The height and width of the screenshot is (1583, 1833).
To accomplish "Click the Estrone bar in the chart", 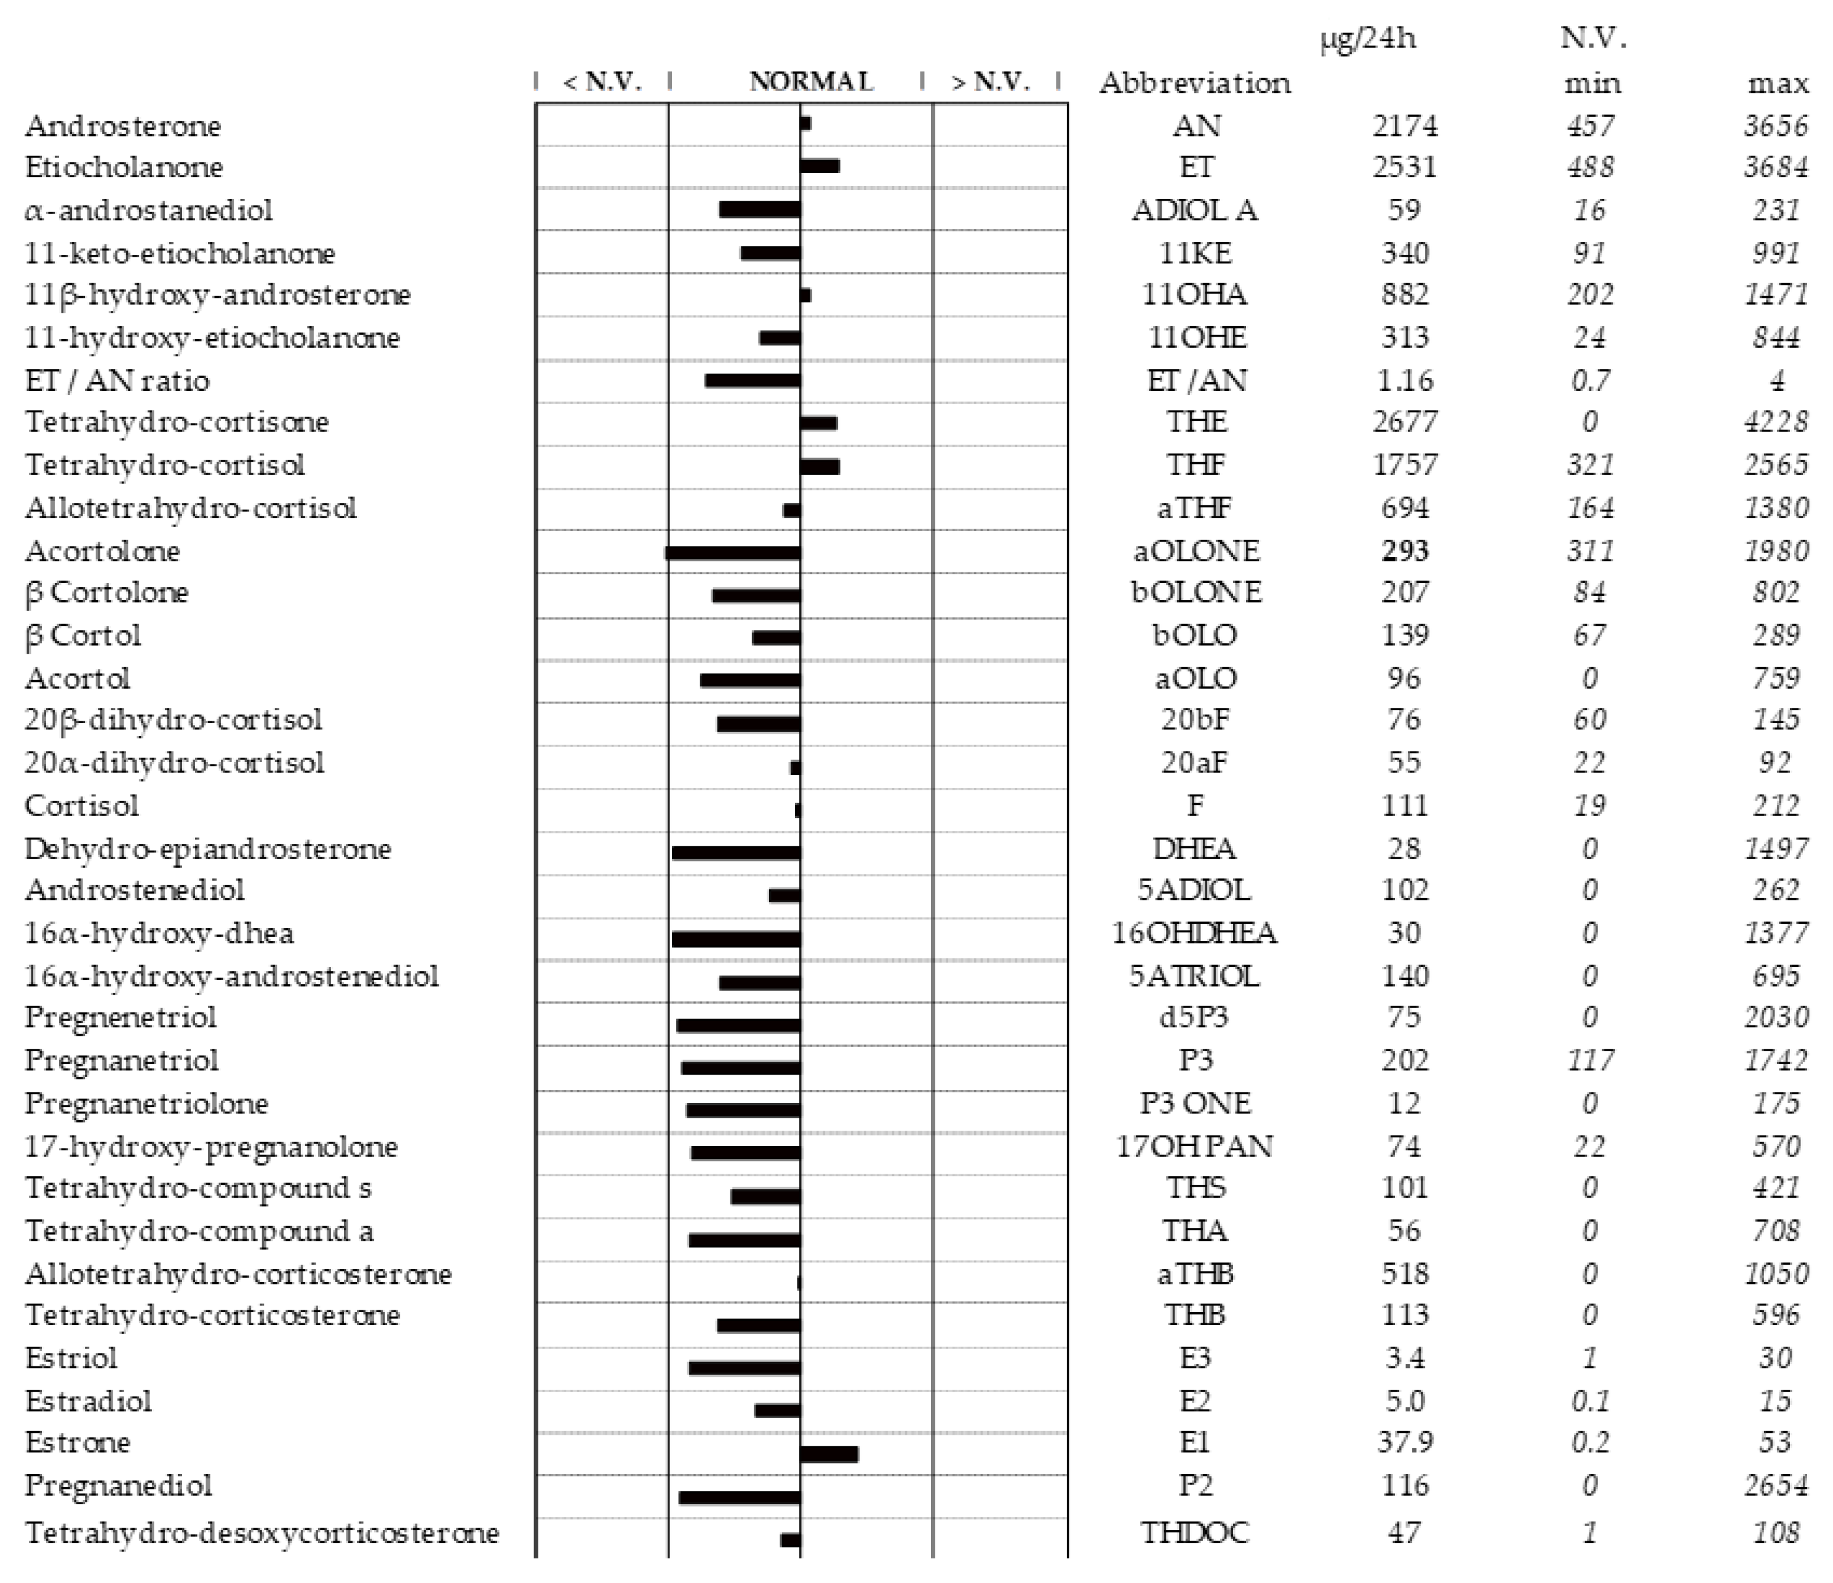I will pyautogui.click(x=829, y=1454).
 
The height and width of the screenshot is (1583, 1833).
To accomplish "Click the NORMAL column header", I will pyautogui.click(x=810, y=81).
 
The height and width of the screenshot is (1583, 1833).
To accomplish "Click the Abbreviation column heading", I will pyautogui.click(x=1194, y=83).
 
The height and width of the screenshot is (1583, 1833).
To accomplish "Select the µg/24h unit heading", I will pyautogui.click(x=1368, y=39).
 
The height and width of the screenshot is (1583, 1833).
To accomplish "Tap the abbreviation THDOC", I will pyautogui.click(x=1194, y=1532).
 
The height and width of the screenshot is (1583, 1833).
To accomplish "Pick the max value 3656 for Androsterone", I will pyautogui.click(x=1775, y=126).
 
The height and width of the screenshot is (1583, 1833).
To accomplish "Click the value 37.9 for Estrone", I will pyautogui.click(x=1404, y=1442).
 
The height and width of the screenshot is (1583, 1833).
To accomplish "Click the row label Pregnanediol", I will pyautogui.click(x=119, y=1485).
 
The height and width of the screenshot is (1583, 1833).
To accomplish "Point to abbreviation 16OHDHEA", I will pyautogui.click(x=1194, y=932).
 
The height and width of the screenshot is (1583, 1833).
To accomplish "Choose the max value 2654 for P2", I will pyautogui.click(x=1775, y=1485).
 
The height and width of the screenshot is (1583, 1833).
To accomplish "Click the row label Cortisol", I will pyautogui.click(x=81, y=805).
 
